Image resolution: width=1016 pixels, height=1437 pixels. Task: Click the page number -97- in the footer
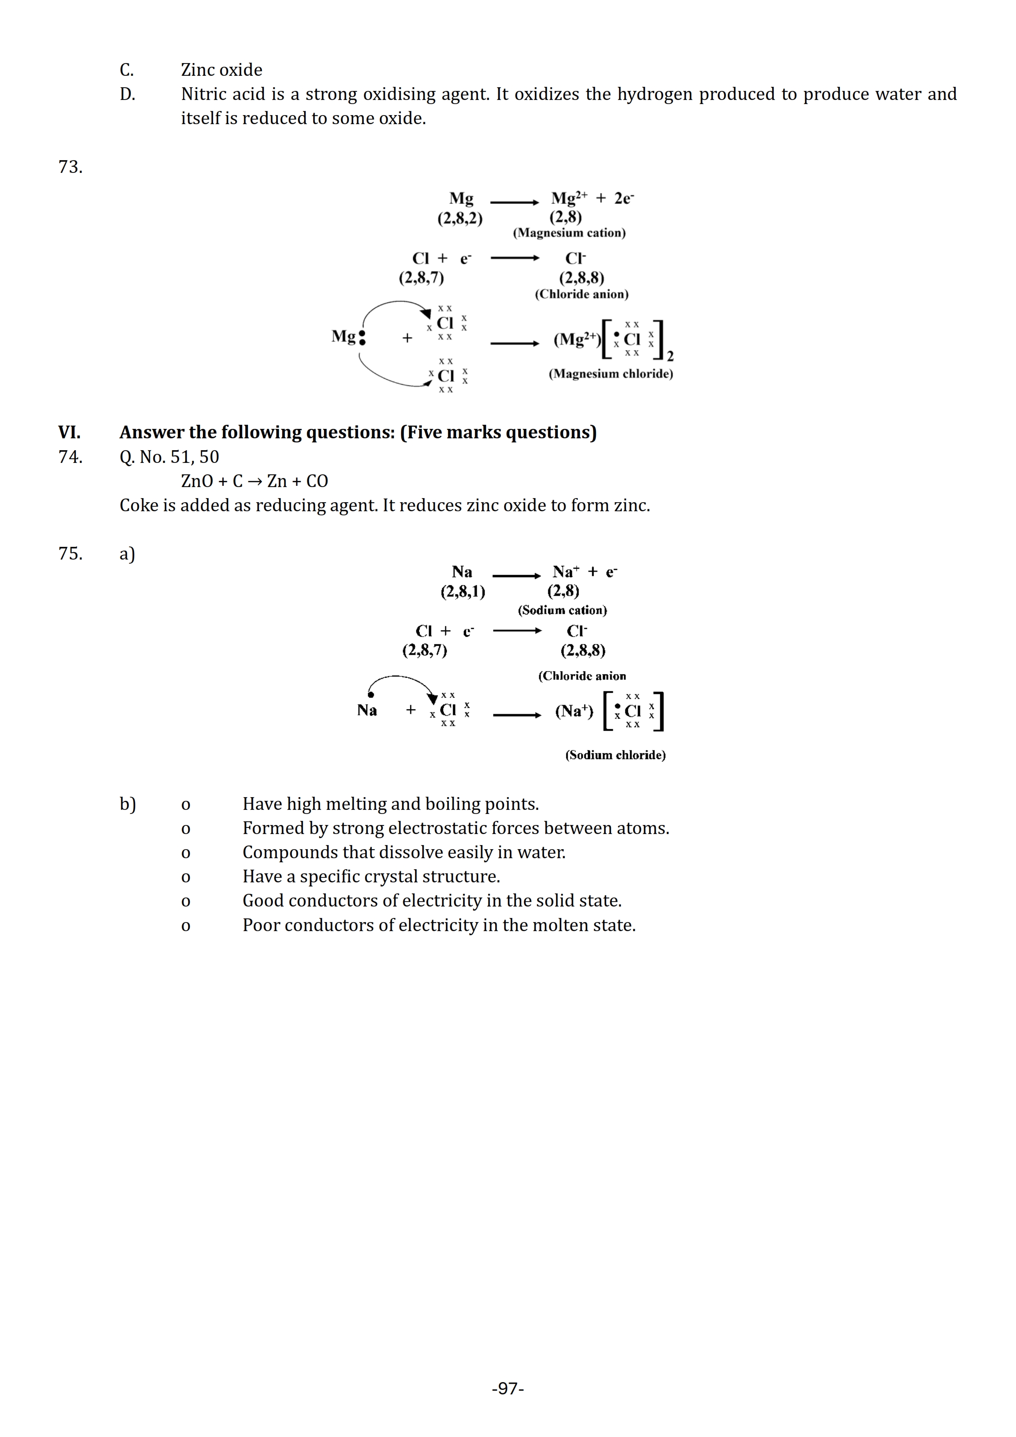tap(508, 1388)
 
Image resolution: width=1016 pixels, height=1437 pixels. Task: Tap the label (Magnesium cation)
tap(569, 233)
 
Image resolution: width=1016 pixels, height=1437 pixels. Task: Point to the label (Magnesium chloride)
tap(610, 374)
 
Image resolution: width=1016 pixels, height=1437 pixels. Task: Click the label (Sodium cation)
tap(562, 610)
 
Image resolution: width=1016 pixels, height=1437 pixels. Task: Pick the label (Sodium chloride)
tap(615, 755)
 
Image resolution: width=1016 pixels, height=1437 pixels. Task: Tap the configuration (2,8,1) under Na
tap(463, 592)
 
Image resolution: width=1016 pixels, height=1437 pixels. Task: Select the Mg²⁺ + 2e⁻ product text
tap(592, 198)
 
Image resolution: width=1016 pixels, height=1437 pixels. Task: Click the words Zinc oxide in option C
tap(222, 70)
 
